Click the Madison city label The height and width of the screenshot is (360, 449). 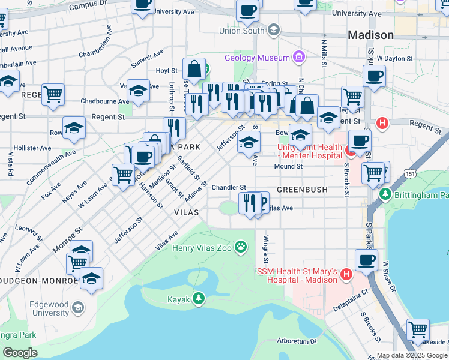tap(370, 35)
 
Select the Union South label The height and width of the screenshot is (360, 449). tap(242, 31)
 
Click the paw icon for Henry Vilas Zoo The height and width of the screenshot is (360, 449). tap(241, 247)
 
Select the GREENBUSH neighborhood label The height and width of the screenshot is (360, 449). tap(302, 190)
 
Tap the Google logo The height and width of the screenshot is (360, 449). tap(19, 352)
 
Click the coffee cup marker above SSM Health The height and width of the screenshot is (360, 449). tap(366, 260)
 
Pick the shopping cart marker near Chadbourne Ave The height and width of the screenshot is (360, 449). tap(53, 94)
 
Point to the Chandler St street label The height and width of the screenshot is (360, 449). tap(229, 188)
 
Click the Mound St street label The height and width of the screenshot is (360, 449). tap(288, 166)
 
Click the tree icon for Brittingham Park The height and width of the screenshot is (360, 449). tap(385, 195)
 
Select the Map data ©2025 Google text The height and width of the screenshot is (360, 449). tap(412, 355)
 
